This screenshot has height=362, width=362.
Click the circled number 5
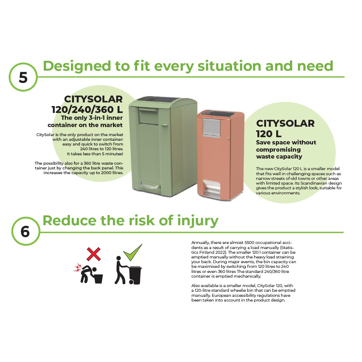tap(23, 77)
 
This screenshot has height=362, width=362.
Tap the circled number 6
tap(25, 231)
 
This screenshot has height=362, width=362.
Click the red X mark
tap(93, 254)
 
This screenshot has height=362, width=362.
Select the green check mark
tap(133, 252)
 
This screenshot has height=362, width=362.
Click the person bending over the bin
tap(87, 274)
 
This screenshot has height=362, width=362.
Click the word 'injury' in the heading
tap(198, 221)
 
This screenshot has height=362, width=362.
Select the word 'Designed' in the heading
tap(77, 67)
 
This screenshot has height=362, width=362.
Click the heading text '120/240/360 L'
tap(87, 110)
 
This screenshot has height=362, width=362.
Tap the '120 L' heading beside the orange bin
tap(269, 134)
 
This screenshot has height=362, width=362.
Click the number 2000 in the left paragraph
tap(106, 173)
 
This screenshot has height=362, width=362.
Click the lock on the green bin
tap(165, 126)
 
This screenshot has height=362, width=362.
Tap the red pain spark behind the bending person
tap(77, 268)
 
